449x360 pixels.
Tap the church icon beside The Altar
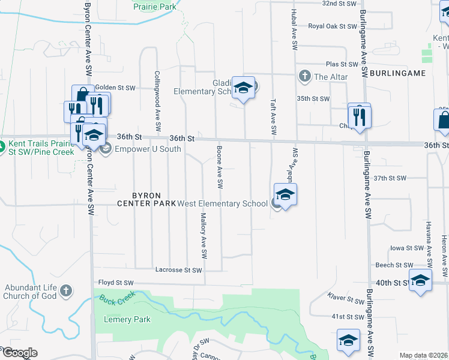coord(305,76)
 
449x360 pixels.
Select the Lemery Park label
coord(127,319)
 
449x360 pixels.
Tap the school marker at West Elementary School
coord(286,194)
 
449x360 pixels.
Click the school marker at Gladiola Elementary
coord(244,88)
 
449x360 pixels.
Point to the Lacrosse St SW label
coord(178,270)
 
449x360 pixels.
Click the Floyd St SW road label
coord(116,282)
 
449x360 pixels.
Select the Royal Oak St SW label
coord(333,26)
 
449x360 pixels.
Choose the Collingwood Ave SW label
coord(157,101)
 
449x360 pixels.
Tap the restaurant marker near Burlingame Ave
coord(360,115)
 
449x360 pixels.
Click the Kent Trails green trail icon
coord(3,145)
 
